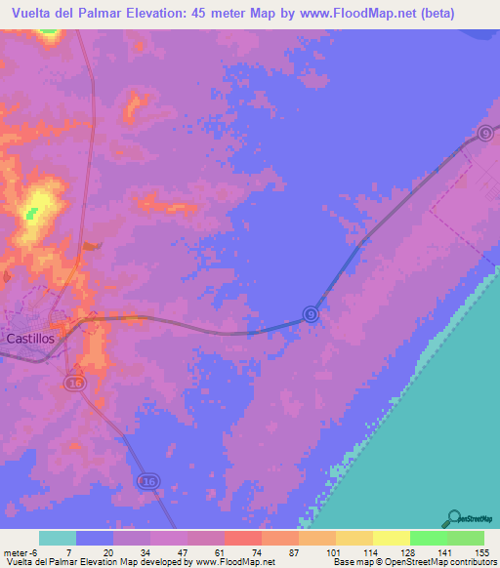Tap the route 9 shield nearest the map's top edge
click(485, 133)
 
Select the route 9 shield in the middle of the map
click(310, 313)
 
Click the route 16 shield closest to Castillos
click(75, 384)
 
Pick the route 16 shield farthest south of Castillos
click(147, 481)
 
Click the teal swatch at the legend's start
click(58, 538)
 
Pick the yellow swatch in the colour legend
click(391, 538)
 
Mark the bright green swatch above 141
click(428, 538)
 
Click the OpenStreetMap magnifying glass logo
click(452, 518)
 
